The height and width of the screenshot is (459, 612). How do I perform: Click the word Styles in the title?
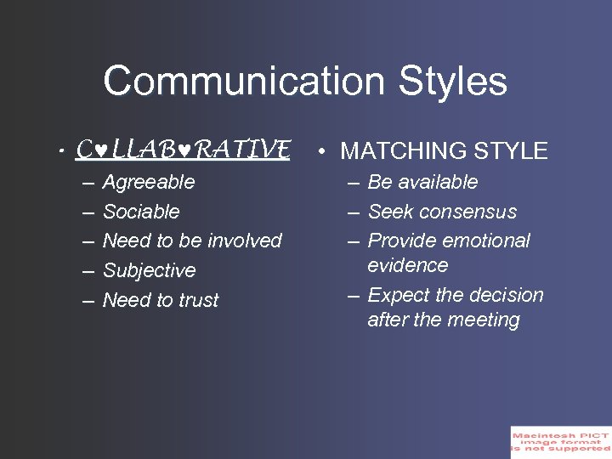click(452, 82)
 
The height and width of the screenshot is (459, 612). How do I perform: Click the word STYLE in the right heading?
click(509, 152)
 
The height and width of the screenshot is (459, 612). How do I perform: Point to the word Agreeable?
click(149, 182)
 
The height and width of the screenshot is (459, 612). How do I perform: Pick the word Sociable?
click(141, 212)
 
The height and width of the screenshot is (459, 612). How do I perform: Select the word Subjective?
click(149, 270)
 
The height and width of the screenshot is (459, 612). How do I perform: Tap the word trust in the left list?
click(198, 300)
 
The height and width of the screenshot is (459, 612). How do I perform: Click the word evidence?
click(407, 265)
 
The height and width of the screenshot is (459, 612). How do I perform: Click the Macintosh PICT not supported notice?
click(560, 442)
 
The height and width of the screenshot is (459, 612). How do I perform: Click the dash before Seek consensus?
click(352, 212)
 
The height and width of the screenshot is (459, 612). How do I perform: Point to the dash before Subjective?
click(88, 270)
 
